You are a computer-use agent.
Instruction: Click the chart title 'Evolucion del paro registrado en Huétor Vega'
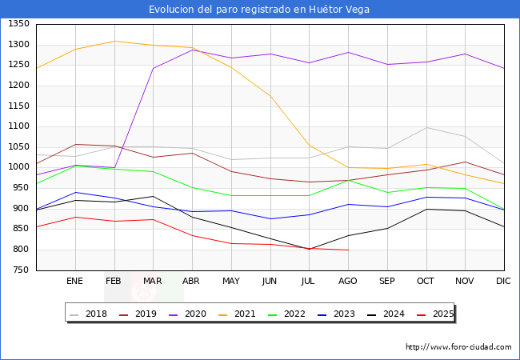(259, 10)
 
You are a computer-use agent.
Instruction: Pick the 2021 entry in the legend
(245, 314)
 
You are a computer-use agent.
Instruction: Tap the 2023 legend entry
(345, 314)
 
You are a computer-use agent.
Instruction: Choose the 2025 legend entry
(442, 314)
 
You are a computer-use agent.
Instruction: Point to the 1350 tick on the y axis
(18, 24)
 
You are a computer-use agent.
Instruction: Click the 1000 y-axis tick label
(18, 167)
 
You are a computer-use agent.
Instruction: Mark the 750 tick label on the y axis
(21, 270)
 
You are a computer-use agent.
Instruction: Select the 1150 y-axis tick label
(18, 106)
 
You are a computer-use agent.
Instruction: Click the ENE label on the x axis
(74, 281)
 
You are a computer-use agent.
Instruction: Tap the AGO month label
(348, 281)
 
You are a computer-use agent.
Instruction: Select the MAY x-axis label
(230, 281)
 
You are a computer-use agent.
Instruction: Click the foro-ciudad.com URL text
(458, 347)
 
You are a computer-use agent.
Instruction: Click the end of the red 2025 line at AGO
(348, 250)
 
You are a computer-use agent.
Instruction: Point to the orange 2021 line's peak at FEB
(114, 41)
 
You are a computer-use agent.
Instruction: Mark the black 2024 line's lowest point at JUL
(309, 249)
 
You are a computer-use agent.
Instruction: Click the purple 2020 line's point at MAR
(153, 68)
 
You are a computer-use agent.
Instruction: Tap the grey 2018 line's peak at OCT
(426, 128)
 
